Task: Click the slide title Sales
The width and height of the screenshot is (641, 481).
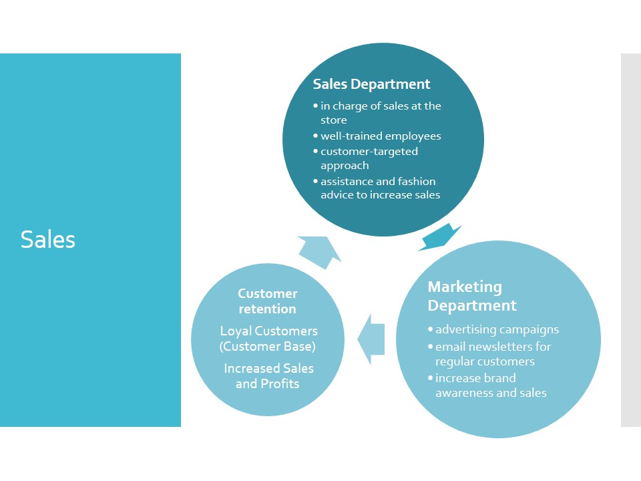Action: coord(48,239)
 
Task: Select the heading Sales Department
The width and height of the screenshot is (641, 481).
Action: coord(371,84)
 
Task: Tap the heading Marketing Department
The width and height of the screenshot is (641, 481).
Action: coord(471,296)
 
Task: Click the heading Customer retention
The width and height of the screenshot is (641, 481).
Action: coord(268,301)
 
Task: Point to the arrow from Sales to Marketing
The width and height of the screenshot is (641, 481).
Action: coord(439,238)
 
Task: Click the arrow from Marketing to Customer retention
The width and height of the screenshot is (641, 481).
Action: coord(371,339)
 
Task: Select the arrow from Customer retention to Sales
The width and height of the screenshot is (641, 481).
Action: coord(318,251)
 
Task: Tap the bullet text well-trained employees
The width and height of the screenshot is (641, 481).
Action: coord(381,136)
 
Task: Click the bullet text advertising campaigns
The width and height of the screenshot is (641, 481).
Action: coord(497,329)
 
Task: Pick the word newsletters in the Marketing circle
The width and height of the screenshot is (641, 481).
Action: coord(499,347)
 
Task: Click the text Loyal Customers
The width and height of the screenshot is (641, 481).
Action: coord(268,331)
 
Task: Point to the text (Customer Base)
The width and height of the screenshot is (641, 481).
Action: coord(268,346)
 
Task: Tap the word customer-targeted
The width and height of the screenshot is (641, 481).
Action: coord(369,152)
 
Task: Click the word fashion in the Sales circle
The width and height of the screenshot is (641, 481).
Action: coord(416,181)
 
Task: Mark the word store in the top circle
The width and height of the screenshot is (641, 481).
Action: coord(334,120)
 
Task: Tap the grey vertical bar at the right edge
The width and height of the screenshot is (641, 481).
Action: coord(630,240)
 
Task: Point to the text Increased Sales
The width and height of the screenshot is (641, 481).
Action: coord(268,369)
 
